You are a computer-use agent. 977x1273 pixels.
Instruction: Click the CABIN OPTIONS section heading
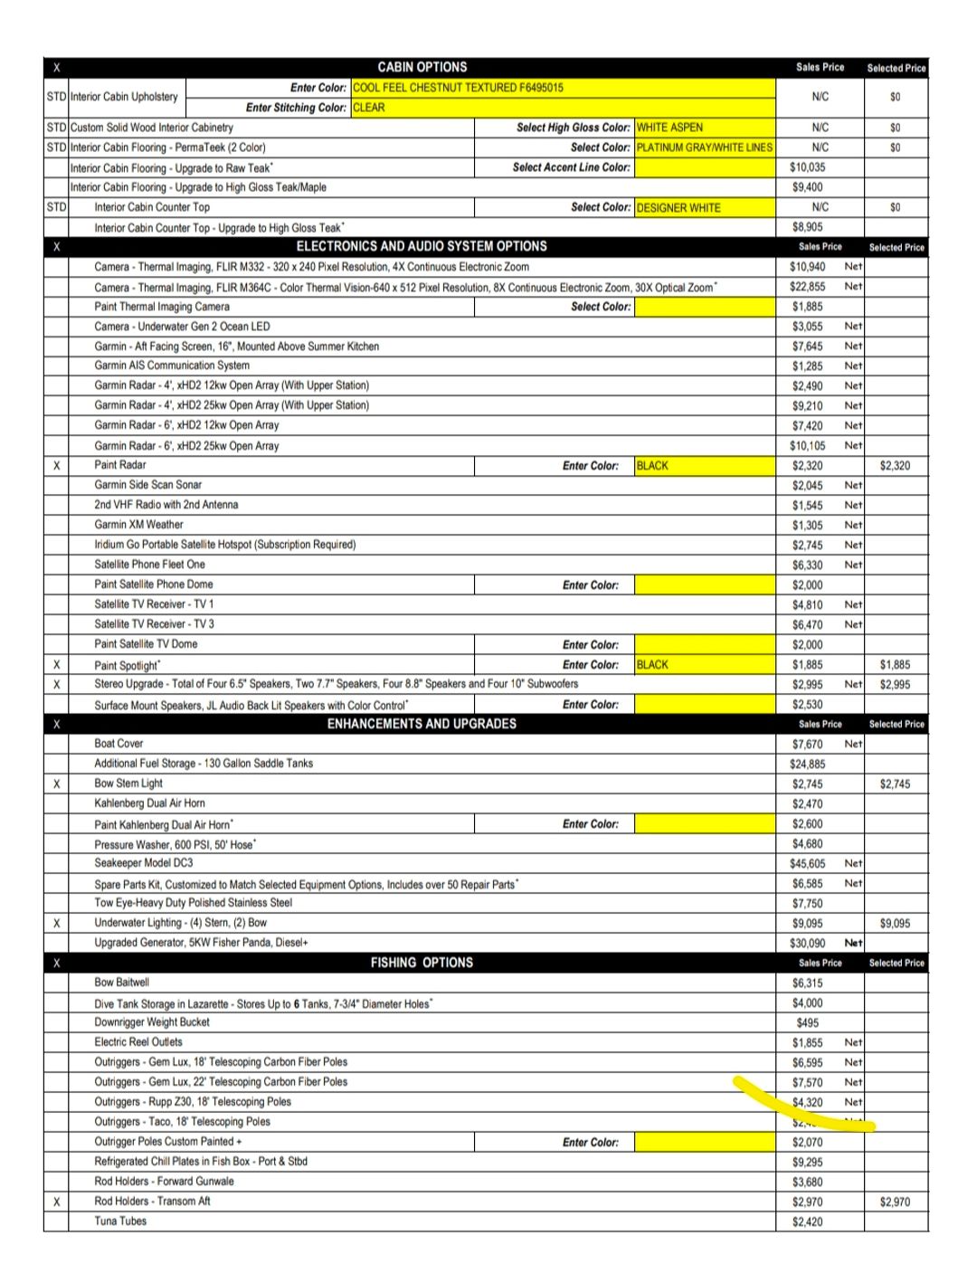coord(422,67)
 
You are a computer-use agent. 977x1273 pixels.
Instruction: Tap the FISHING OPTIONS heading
coord(422,963)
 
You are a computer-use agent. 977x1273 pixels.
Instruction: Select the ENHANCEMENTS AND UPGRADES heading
coord(422,724)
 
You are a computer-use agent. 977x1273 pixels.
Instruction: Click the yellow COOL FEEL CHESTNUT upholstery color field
coord(563,88)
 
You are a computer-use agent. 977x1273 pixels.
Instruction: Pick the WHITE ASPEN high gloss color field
coord(705,128)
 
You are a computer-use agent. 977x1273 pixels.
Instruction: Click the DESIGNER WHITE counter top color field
coord(705,207)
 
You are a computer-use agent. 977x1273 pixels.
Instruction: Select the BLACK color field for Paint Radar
coord(705,466)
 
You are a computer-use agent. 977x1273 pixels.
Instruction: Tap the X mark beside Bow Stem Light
coord(56,784)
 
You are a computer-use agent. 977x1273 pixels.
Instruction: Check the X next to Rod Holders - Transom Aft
coord(56,1202)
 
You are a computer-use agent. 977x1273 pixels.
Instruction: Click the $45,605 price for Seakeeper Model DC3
coord(808,864)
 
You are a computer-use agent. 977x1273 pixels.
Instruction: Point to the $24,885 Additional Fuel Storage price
coord(808,764)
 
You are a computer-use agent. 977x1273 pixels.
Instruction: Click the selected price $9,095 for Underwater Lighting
coord(895,924)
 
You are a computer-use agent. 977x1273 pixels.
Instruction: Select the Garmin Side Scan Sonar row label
coord(148,485)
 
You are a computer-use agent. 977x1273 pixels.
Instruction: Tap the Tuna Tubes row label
coord(120,1221)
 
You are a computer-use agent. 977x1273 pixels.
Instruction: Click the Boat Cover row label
coord(119,744)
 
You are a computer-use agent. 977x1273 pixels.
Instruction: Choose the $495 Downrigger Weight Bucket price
coord(808,1022)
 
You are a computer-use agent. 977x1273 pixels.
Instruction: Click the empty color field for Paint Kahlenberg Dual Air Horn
coord(705,824)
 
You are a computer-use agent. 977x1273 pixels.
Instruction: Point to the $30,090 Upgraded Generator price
coord(808,943)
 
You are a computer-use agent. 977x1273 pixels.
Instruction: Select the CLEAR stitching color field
coord(563,108)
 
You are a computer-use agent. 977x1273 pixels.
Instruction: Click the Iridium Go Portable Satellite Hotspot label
coord(225,545)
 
